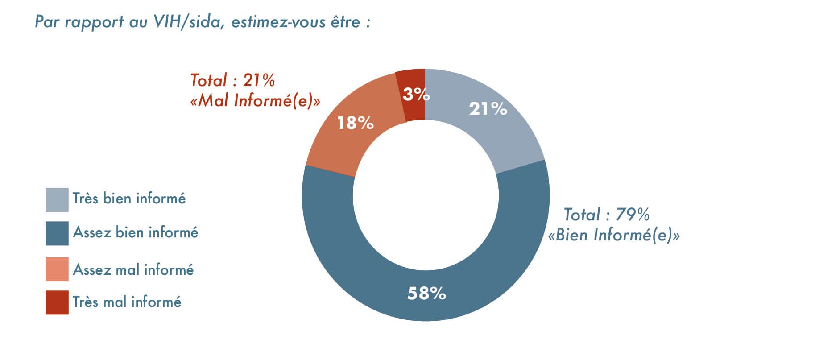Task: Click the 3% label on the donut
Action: (416, 94)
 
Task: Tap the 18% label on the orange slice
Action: (355, 123)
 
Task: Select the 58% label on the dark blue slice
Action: (426, 294)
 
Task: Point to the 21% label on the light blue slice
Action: (488, 108)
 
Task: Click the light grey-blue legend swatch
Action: (57, 199)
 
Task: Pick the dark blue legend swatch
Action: (57, 233)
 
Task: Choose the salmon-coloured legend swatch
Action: (57, 269)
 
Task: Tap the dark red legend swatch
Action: (57, 302)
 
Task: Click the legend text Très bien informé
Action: (129, 199)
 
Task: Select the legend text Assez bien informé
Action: (135, 232)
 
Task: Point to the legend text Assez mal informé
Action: (133, 270)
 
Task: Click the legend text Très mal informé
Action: (127, 302)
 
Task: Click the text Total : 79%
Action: (606, 215)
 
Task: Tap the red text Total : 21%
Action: (232, 80)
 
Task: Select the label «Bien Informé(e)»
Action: (614, 235)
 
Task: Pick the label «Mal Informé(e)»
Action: (255, 101)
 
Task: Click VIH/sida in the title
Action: (188, 22)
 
